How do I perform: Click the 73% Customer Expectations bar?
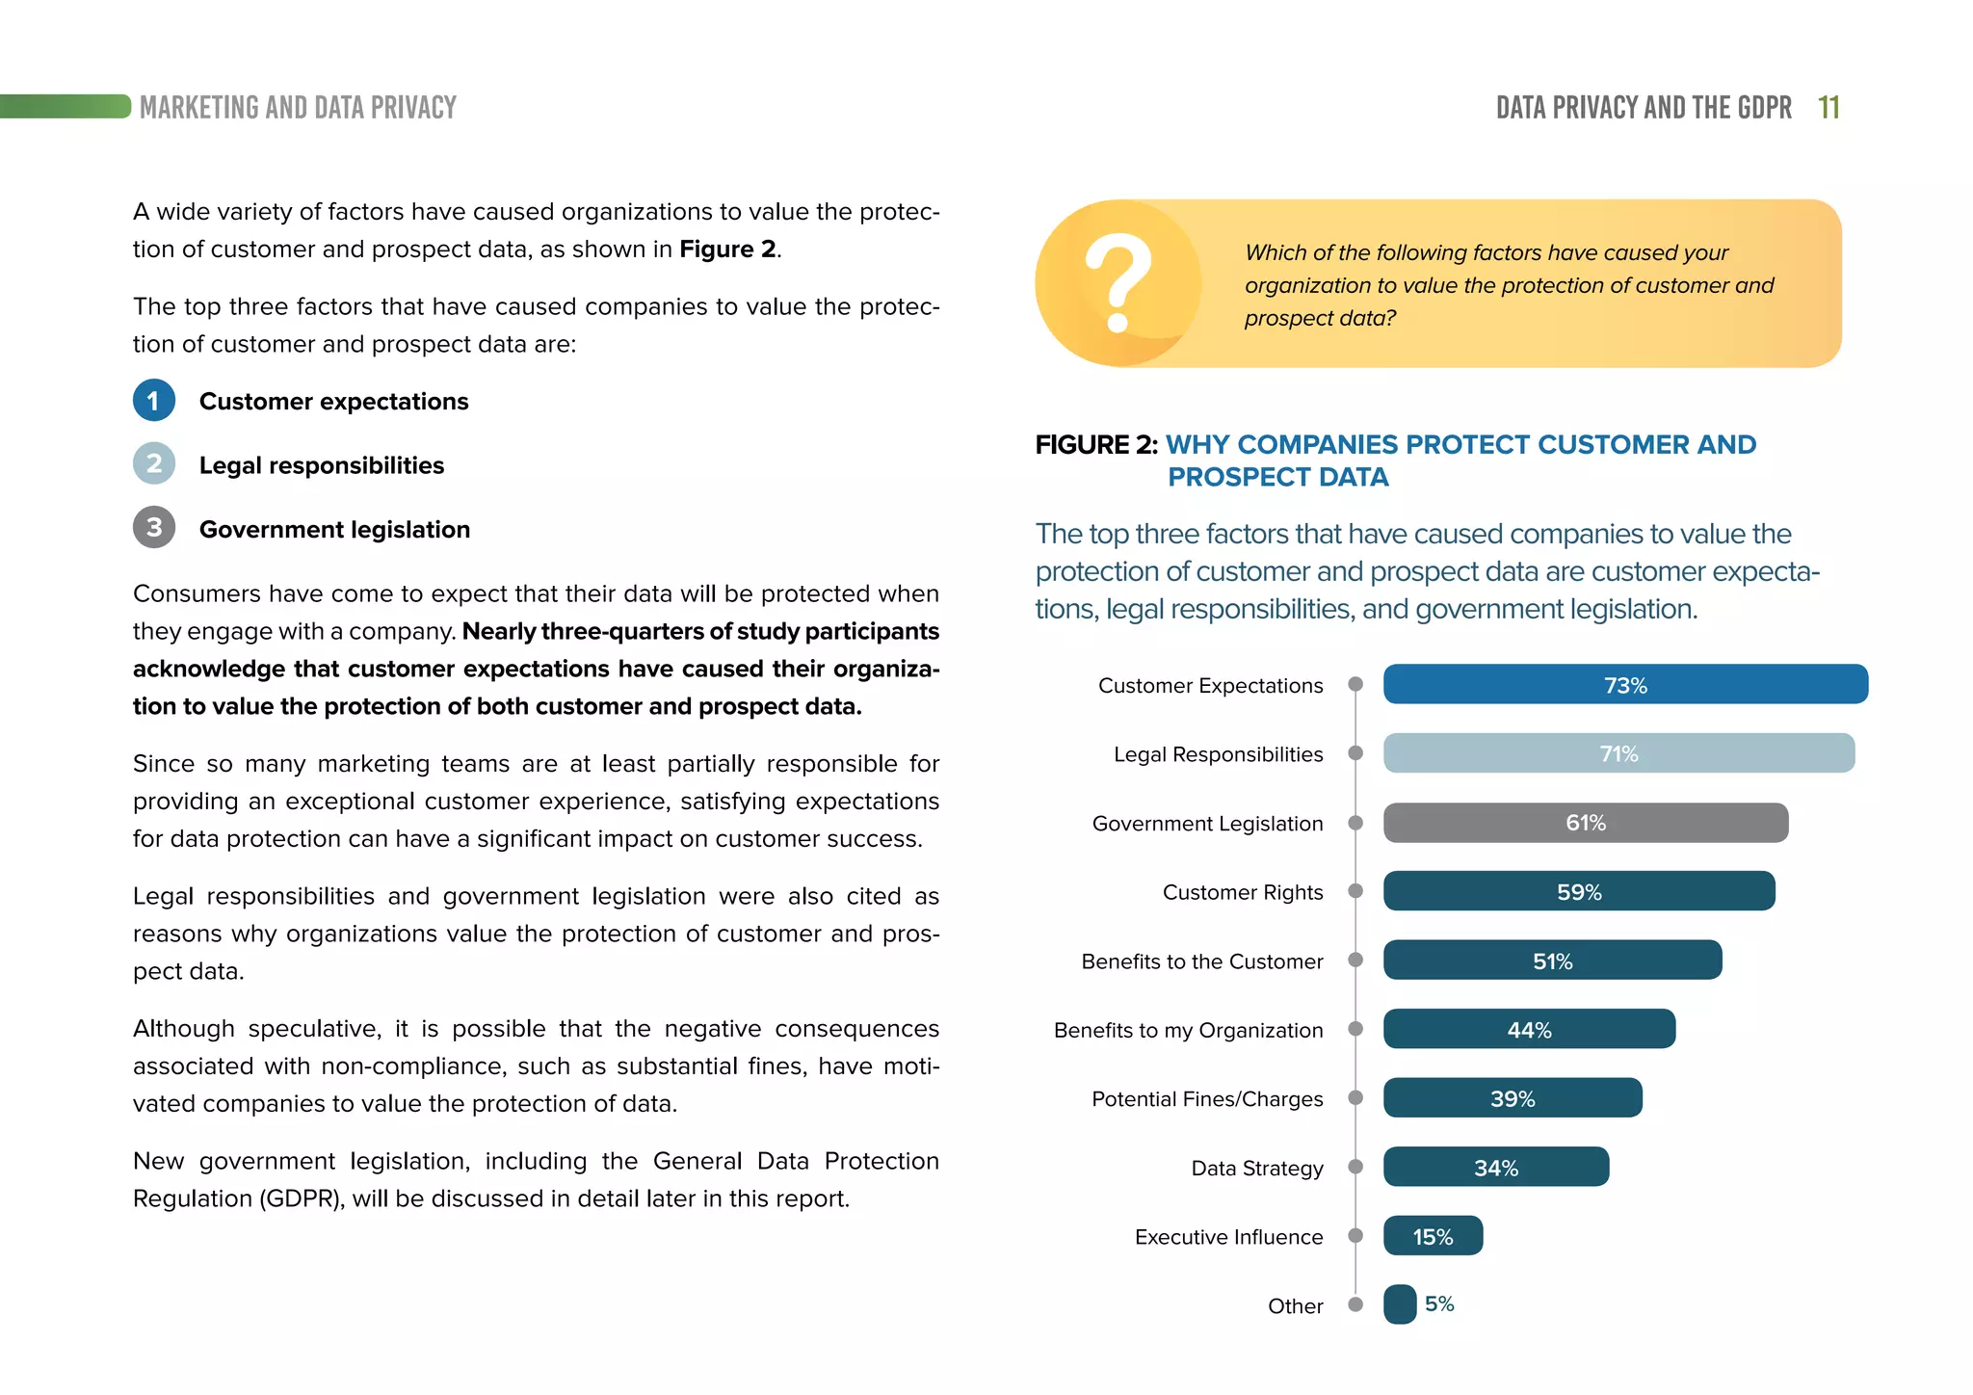point(1625,684)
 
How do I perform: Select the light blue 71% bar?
point(1618,753)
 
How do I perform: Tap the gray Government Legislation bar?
point(1585,823)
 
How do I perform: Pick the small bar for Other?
point(1400,1304)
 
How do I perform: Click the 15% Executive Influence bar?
point(1433,1236)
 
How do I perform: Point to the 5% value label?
point(1439,1304)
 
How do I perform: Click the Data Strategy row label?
point(1256,1169)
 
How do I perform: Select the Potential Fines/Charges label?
point(1207,1099)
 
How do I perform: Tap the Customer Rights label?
point(1242,892)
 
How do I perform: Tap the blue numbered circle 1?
point(154,401)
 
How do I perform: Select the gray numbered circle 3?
point(154,528)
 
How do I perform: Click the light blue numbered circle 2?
point(154,464)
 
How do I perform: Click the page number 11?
point(1828,108)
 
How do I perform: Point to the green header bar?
point(66,106)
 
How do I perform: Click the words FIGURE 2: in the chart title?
point(1095,445)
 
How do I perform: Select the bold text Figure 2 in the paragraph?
point(727,250)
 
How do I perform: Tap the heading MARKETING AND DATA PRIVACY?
point(298,108)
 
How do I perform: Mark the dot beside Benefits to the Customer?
point(1355,961)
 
